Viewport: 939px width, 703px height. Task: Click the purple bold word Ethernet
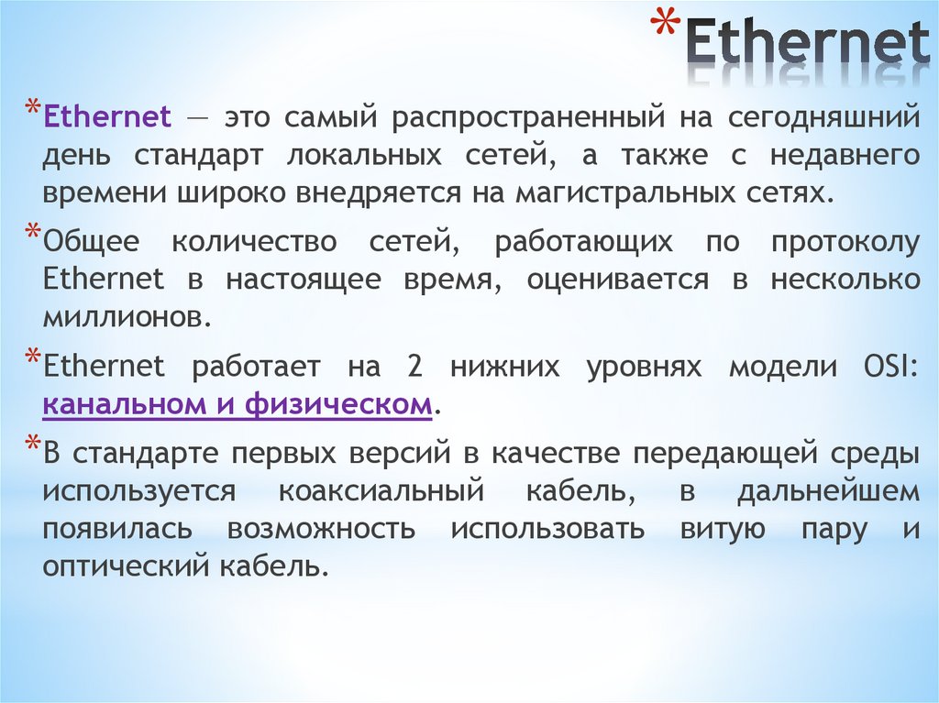(107, 117)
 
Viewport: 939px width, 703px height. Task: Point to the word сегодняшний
(824, 118)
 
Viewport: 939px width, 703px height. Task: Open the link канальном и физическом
(238, 404)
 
